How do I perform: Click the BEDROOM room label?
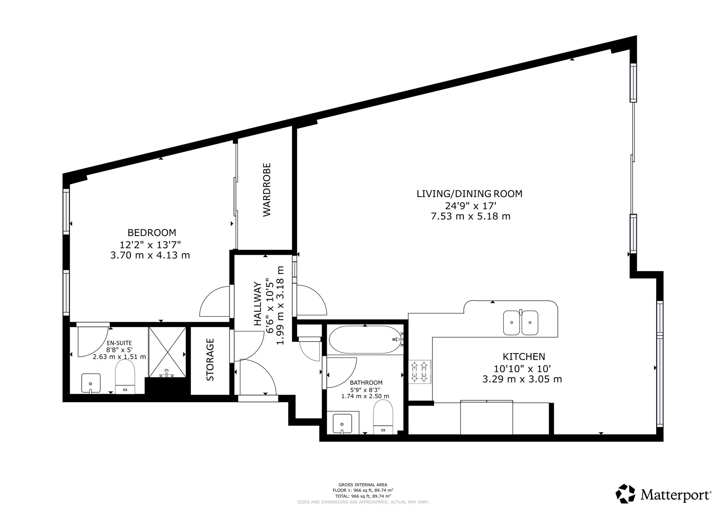tap(152, 232)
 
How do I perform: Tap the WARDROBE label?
tap(267, 190)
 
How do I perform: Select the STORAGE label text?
tap(210, 360)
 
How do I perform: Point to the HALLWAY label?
tap(257, 304)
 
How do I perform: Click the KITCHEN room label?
tap(524, 357)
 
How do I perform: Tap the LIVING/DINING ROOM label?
tap(470, 194)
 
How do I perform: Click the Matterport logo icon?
tap(626, 494)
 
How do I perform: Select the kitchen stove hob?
tap(420, 372)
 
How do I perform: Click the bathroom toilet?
tap(383, 417)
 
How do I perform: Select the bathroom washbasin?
tap(342, 424)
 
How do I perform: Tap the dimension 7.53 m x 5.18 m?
tap(471, 216)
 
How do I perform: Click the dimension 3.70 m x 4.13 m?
tap(150, 255)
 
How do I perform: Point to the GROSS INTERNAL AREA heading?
tap(363, 485)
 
